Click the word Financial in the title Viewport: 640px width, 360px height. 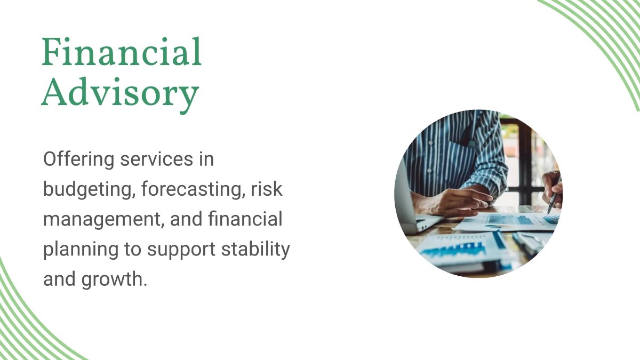pyautogui.click(x=122, y=52)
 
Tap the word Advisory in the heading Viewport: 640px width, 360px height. pyautogui.click(x=121, y=94)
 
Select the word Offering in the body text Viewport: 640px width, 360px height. pyautogui.click(x=78, y=159)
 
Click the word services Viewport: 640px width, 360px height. pyautogui.click(x=157, y=159)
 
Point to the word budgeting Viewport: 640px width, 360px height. pyautogui.click(x=89, y=190)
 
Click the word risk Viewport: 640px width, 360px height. pyautogui.click(x=267, y=189)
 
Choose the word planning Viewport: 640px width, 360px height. pyautogui.click(x=81, y=250)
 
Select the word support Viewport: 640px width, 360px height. pyautogui.click(x=181, y=250)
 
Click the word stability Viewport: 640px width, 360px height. pyautogui.click(x=255, y=249)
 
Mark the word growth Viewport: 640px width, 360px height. pyautogui.click(x=114, y=279)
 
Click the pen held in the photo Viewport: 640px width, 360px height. pyautogui.click(x=552, y=202)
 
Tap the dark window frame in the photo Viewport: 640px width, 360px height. pyautogui.click(x=525, y=160)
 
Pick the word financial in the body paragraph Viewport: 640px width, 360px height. pyautogui.click(x=245, y=219)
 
